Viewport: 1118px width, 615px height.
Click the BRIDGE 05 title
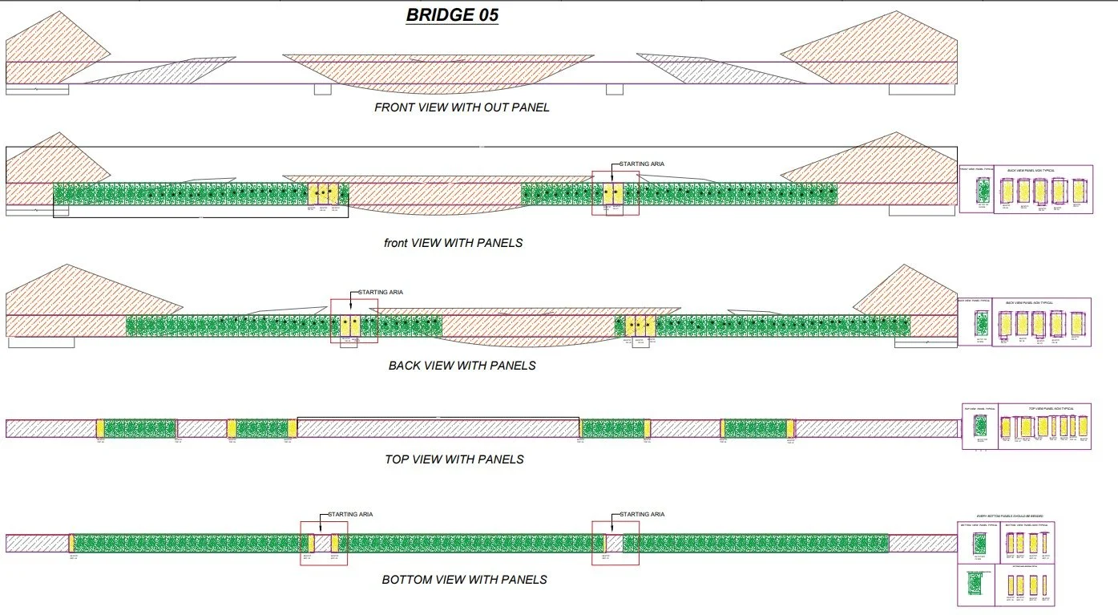(453, 15)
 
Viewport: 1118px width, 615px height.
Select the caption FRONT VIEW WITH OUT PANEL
(462, 107)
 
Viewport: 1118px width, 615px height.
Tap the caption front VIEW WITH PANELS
(453, 243)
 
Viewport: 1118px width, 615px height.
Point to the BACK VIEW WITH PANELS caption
(462, 366)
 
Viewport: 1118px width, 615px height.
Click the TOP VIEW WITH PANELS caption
(454, 459)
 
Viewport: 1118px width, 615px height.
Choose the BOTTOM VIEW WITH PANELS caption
(464, 579)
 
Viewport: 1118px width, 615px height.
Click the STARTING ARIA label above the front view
(641, 164)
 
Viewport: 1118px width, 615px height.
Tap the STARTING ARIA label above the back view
(380, 293)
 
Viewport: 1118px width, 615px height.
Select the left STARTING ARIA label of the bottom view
(350, 514)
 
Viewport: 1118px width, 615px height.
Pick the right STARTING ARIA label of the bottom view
(641, 514)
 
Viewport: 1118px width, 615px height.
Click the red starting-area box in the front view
(616, 193)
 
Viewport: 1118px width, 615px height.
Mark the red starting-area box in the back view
(353, 322)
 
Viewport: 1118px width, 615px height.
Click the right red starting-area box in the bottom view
(616, 544)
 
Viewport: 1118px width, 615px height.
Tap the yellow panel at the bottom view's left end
(71, 543)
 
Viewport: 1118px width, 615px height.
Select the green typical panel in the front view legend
(983, 190)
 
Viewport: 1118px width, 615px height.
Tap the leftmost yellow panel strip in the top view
(100, 428)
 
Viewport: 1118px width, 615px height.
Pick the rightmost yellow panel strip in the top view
(790, 428)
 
